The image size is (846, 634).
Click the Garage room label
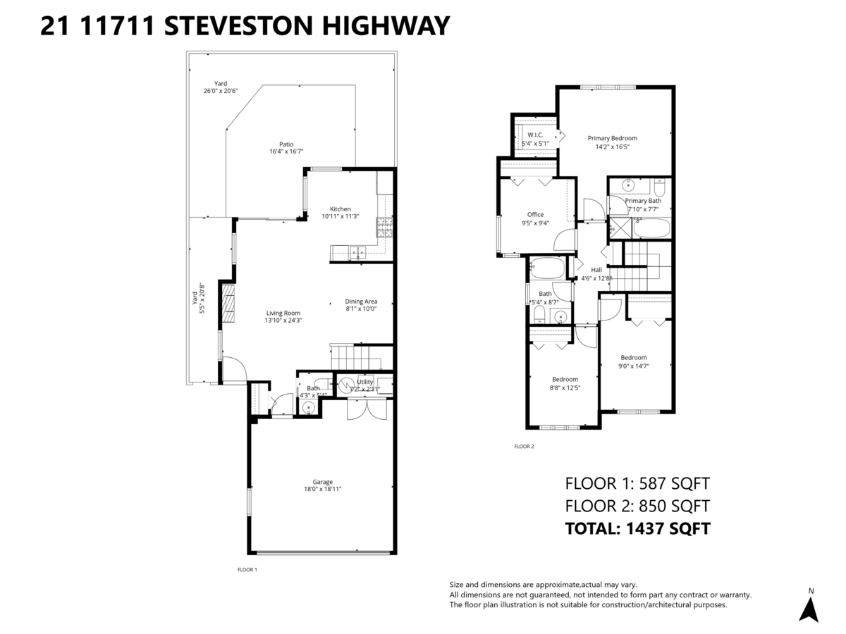click(323, 482)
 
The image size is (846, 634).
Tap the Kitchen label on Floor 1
click(341, 209)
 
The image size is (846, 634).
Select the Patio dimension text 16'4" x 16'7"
click(286, 151)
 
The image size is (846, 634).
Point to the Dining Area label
click(361, 302)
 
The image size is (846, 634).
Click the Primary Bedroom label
click(612, 138)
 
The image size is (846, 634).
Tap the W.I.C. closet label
click(535, 135)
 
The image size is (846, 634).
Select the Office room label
click(535, 215)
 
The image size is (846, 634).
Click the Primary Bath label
click(642, 201)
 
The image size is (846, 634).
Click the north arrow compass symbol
click(809, 608)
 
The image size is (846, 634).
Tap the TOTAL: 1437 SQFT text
click(637, 528)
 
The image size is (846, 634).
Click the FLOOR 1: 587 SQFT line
click(637, 483)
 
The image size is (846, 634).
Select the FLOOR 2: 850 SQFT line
click(637, 505)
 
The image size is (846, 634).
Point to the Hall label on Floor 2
click(596, 270)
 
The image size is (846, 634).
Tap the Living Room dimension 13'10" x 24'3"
click(283, 321)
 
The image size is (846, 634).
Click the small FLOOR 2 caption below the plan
click(525, 446)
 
